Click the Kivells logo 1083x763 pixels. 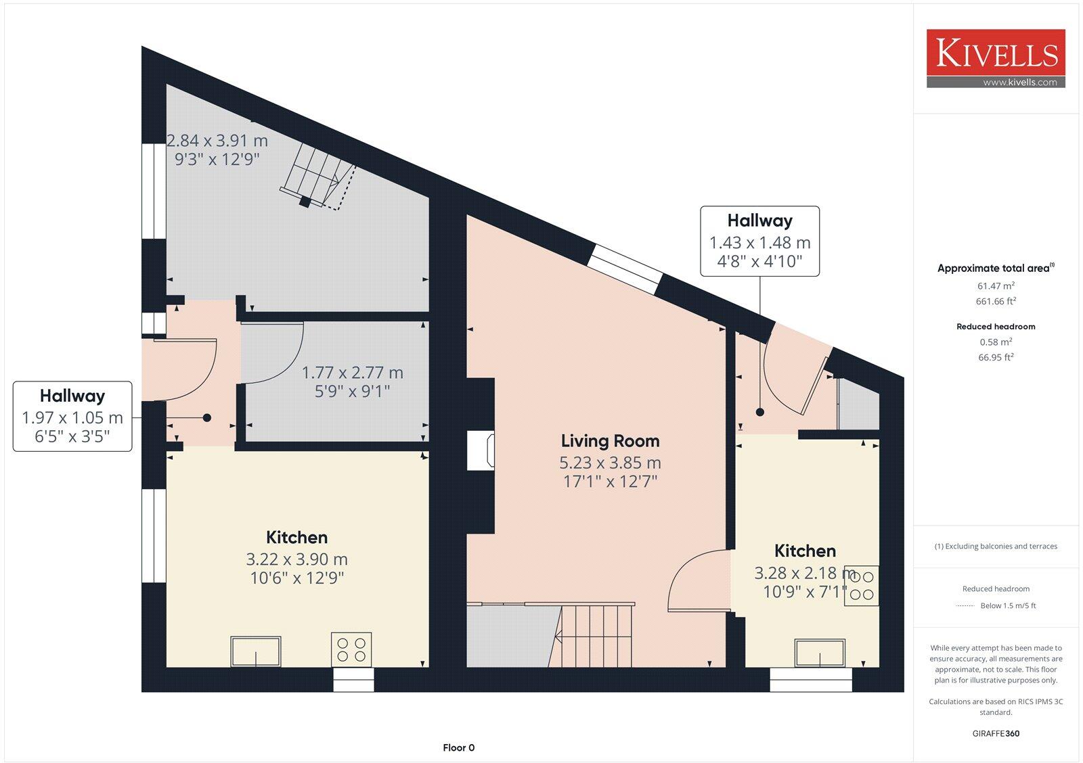996,54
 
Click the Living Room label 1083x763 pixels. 610,441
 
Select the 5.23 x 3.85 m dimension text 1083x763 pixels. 610,463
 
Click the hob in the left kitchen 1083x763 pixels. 351,649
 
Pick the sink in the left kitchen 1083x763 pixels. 256,651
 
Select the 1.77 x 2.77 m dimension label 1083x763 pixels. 352,373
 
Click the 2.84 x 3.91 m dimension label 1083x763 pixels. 217,141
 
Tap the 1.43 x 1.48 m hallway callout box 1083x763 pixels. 759,241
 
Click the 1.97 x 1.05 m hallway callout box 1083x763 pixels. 72,417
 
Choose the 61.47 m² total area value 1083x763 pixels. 996,286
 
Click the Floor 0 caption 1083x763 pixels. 459,747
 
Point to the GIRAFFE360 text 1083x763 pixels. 996,733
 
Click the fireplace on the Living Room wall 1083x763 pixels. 481,451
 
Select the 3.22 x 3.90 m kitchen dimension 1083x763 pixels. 296,560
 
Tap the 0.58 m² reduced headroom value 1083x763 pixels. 996,342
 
